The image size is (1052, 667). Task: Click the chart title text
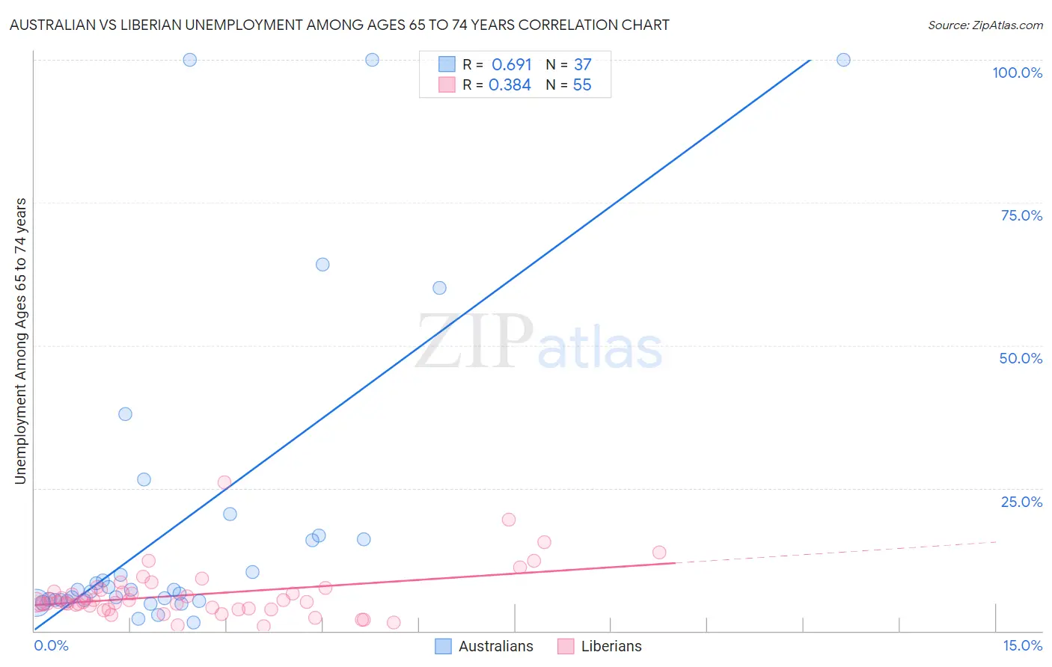pyautogui.click(x=339, y=25)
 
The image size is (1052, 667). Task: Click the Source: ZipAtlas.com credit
pyautogui.click(x=985, y=25)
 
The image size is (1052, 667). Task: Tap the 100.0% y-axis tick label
pyautogui.click(x=1017, y=73)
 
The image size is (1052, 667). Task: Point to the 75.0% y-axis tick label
pyautogui.click(x=1021, y=215)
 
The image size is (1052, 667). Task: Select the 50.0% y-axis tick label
pyautogui.click(x=1021, y=358)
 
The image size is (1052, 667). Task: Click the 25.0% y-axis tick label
pyautogui.click(x=1021, y=501)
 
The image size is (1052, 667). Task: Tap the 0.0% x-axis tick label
pyautogui.click(x=51, y=645)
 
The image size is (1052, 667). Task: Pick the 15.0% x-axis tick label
pyautogui.click(x=1022, y=645)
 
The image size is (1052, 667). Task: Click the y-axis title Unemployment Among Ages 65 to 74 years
pyautogui.click(x=21, y=341)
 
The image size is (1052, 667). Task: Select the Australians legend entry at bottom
pyautogui.click(x=485, y=646)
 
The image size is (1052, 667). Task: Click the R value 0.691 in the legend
pyautogui.click(x=511, y=65)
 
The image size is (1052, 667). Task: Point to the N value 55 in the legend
pyautogui.click(x=582, y=85)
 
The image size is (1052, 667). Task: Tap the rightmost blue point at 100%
pyautogui.click(x=843, y=60)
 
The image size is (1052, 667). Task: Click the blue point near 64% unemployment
pyautogui.click(x=322, y=264)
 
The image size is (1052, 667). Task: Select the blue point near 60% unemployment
pyautogui.click(x=439, y=288)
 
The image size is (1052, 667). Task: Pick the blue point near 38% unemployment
pyautogui.click(x=125, y=414)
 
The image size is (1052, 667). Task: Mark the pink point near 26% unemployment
pyautogui.click(x=224, y=482)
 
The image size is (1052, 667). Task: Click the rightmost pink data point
pyautogui.click(x=659, y=553)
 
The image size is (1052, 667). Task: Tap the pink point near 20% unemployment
pyautogui.click(x=509, y=520)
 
